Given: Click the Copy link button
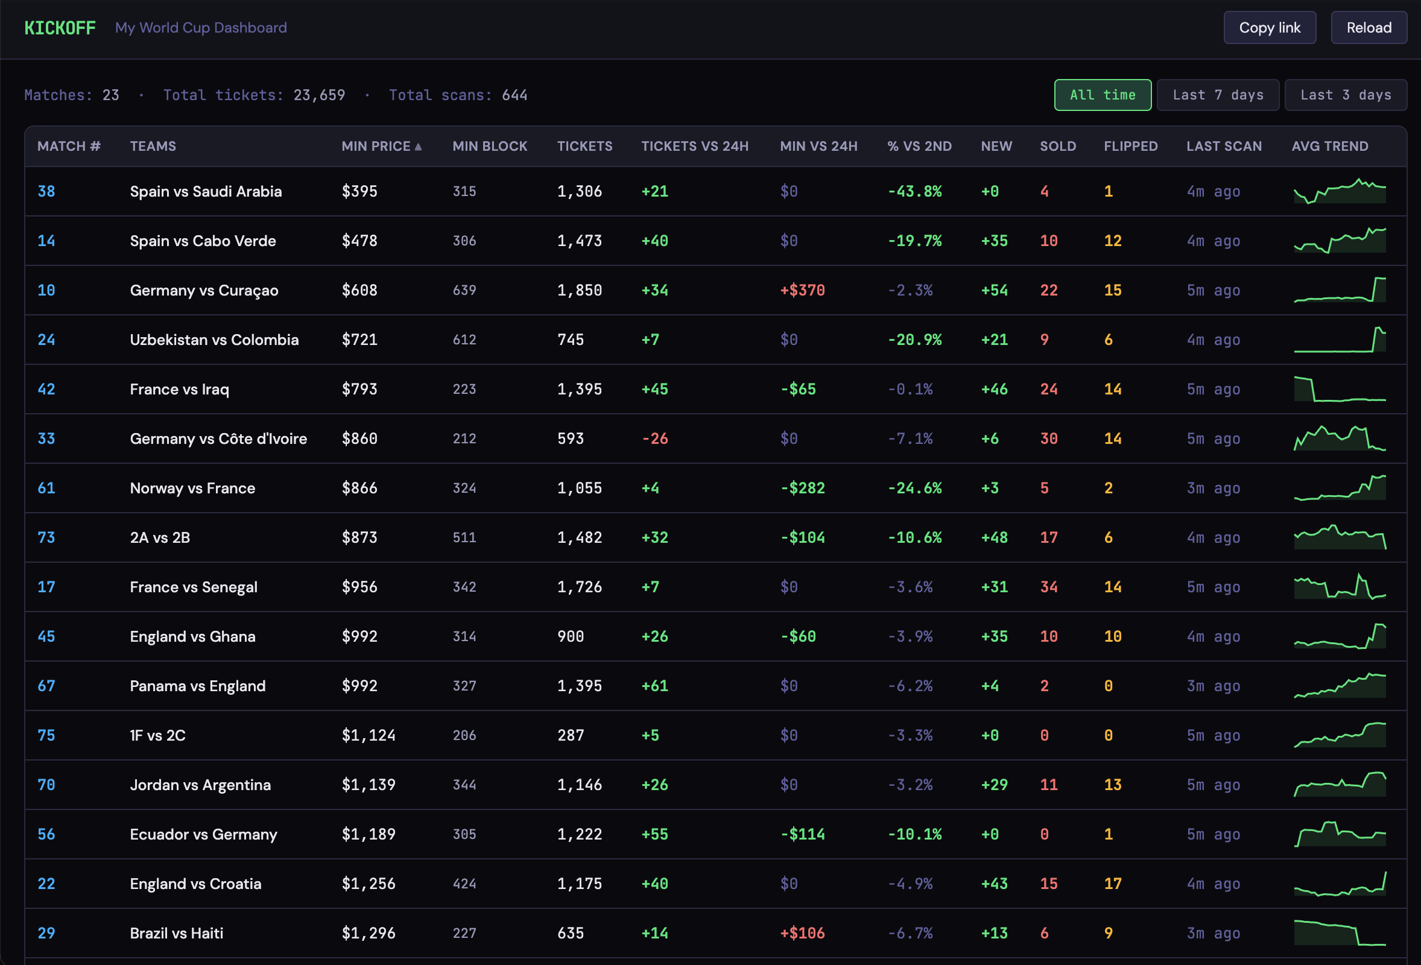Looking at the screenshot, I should point(1270,28).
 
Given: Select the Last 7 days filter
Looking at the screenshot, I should point(1217,95).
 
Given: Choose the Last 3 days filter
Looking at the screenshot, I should point(1345,95).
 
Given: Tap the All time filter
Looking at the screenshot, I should point(1102,95).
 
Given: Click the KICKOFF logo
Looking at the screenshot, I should point(60,28).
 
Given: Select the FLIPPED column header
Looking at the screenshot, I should point(1130,146).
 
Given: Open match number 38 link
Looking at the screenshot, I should point(46,191).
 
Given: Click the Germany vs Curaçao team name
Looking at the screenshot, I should point(204,291).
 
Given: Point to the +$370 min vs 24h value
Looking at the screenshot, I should point(802,291).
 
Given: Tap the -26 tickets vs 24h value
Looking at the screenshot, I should point(654,438).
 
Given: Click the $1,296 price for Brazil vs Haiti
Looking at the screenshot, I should point(368,933).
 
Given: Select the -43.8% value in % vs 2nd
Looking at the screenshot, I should point(914,191).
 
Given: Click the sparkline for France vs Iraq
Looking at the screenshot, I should point(1339,390).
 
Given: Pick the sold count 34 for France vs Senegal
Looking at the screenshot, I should point(1048,587).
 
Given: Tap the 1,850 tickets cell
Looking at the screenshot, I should point(579,291).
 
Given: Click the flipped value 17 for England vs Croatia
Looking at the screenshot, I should point(1112,884).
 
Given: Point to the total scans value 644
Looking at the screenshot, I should point(514,95).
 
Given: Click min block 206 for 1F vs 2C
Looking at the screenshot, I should point(464,735).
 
